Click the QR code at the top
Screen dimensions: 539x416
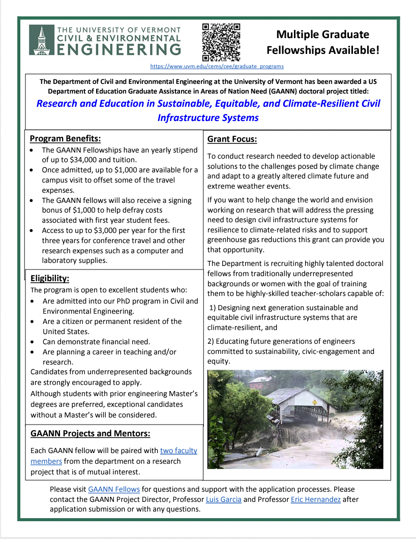pos(221,42)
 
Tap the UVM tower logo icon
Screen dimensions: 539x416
pos(41,40)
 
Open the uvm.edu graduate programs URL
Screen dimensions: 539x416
pos(217,66)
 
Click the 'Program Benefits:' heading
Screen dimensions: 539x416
pos(65,139)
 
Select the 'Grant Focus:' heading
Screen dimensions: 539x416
pos(232,139)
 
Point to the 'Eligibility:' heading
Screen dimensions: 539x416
pos(50,278)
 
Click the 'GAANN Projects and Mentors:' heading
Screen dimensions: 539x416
pos(90,434)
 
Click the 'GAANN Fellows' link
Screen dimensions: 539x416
pos(114,489)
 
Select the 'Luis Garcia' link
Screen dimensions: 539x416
pos(223,499)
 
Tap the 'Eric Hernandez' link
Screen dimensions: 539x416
pos(315,499)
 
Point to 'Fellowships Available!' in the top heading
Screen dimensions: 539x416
pos(322,50)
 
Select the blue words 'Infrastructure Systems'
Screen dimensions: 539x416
pos(208,118)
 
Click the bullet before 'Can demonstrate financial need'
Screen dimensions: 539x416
pos(34,342)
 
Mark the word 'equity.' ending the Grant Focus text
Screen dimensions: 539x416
pos(219,362)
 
